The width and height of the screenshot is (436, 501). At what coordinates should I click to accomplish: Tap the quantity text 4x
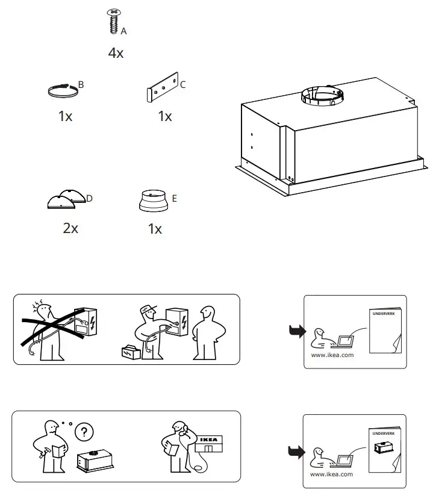pos(116,53)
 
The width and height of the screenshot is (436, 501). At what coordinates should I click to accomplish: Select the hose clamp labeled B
pos(63,91)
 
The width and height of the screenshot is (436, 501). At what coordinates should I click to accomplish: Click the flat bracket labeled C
pos(163,89)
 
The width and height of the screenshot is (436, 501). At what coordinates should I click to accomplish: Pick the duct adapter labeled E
pos(154,201)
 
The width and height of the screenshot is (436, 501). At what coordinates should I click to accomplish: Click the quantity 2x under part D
pos(70,228)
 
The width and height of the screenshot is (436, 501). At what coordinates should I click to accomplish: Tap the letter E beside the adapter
pos(175,198)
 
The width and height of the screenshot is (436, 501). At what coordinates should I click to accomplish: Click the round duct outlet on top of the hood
pos(322,94)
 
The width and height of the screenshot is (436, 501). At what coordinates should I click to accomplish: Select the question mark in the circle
pos(84,432)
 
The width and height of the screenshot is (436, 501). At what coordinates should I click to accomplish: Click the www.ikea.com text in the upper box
pos(332,355)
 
